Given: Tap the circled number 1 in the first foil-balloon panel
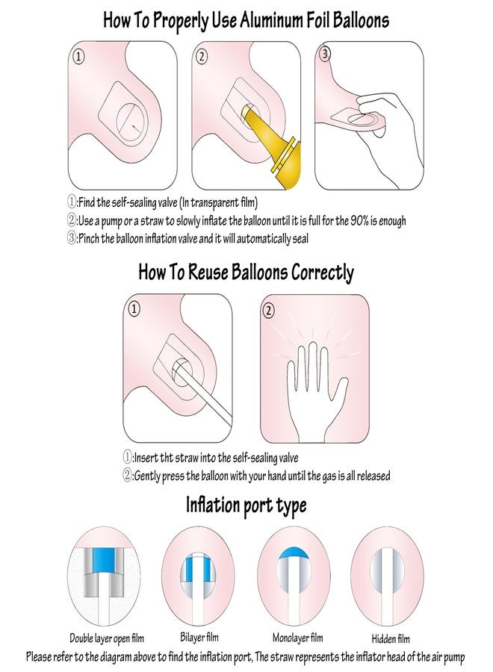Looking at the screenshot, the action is (78, 57).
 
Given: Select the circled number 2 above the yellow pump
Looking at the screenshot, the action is (202, 57).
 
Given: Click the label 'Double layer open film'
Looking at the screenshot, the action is (107, 638).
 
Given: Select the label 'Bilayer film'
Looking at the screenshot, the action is (199, 638).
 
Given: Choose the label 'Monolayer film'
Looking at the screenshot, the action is (298, 638).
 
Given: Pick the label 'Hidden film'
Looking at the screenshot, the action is (391, 639).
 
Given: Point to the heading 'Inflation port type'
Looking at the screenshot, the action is (246, 505).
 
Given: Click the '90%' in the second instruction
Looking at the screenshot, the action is (359, 221).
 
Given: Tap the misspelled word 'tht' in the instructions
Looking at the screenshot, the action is (167, 458).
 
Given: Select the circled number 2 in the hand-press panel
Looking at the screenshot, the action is (269, 310).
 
